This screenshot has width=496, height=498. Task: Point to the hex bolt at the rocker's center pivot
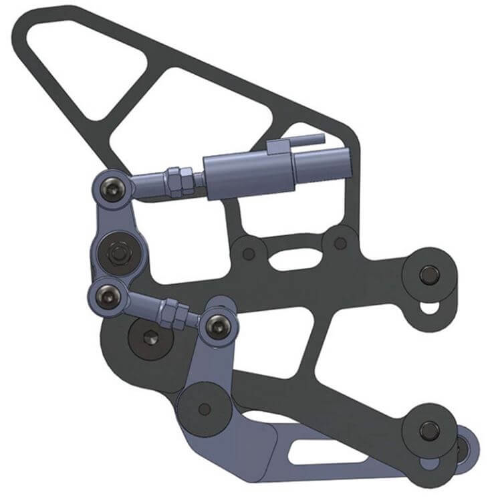(x=120, y=253)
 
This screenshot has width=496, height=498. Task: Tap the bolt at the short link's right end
(x=217, y=326)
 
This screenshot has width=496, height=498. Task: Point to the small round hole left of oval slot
(x=249, y=253)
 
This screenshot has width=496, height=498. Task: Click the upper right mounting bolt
(x=428, y=273)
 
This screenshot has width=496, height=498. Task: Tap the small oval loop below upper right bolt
(x=430, y=307)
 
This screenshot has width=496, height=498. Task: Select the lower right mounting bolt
(x=428, y=429)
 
